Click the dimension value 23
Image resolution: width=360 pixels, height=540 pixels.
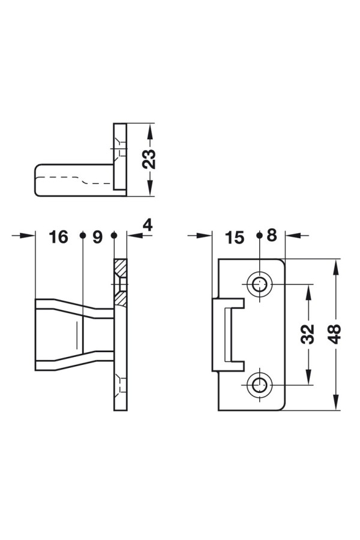point(149,159)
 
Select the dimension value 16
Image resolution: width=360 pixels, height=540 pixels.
point(59,237)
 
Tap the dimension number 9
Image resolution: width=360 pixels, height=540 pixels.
point(97,237)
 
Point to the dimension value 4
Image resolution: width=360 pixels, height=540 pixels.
point(147,225)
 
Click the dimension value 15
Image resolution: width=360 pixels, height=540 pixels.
point(234,238)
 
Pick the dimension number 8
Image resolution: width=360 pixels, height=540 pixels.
point(272,236)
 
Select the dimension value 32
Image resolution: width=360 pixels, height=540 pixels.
point(308,334)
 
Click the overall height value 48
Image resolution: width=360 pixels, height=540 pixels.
point(334,334)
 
